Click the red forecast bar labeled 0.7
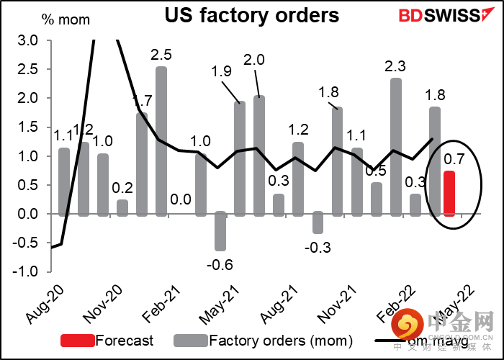coord(449,193)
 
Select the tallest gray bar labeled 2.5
coord(161,141)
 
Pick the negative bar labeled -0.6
coord(220,231)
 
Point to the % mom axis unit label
coord(66,19)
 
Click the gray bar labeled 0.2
coord(122,207)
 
